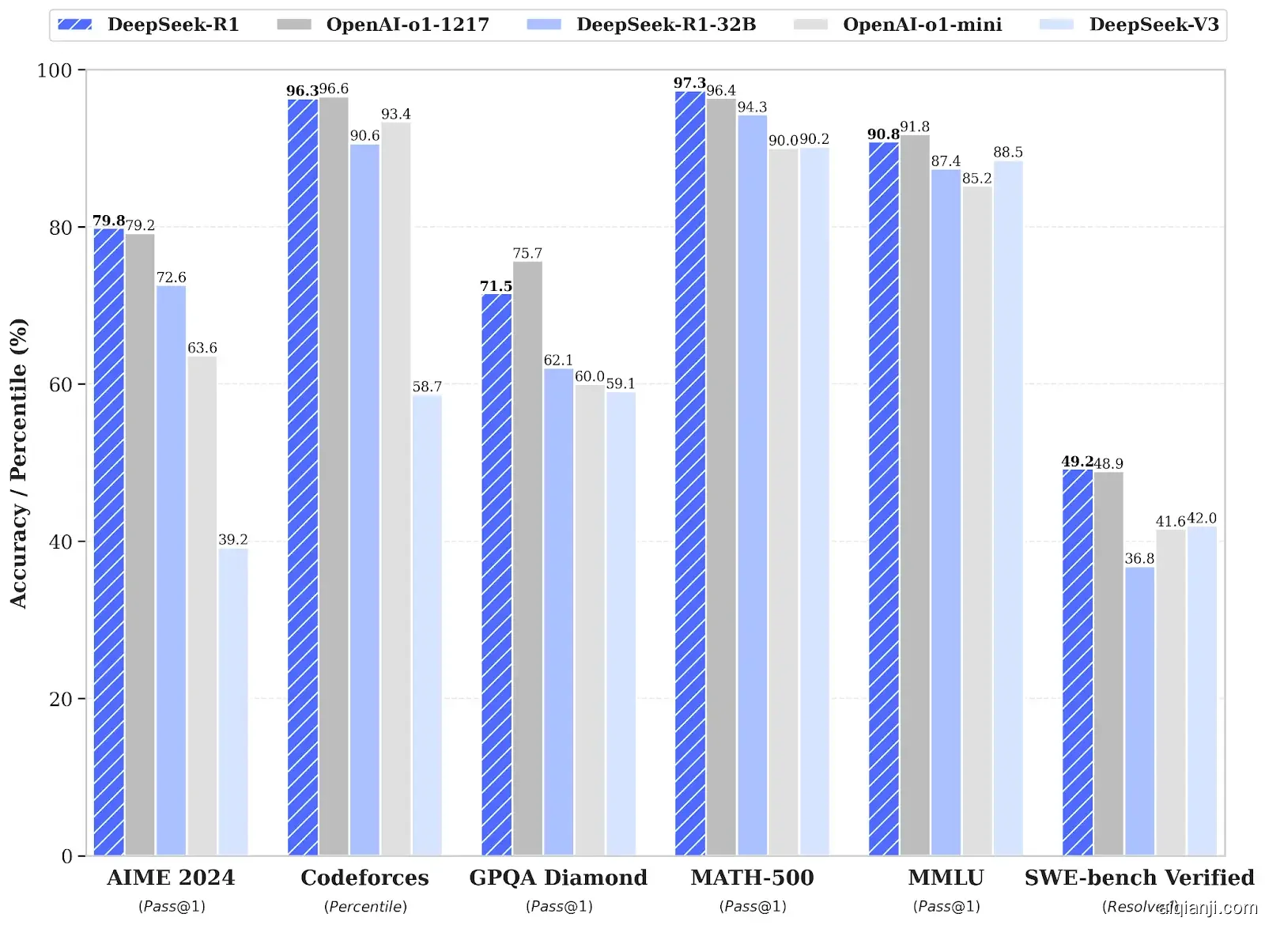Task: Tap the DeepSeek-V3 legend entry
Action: pos(1130,25)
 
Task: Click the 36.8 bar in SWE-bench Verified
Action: pos(1139,712)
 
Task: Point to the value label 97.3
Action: pos(689,83)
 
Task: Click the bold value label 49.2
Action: pos(1077,461)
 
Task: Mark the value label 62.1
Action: pos(558,360)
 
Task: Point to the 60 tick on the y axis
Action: pos(61,385)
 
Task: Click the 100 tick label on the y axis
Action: pos(55,70)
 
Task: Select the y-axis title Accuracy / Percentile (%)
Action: pos(18,462)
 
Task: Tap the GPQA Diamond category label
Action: pos(558,878)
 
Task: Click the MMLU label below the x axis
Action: pos(946,878)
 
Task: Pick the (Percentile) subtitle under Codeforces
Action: pos(365,907)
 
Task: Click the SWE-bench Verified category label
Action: pos(1139,878)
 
